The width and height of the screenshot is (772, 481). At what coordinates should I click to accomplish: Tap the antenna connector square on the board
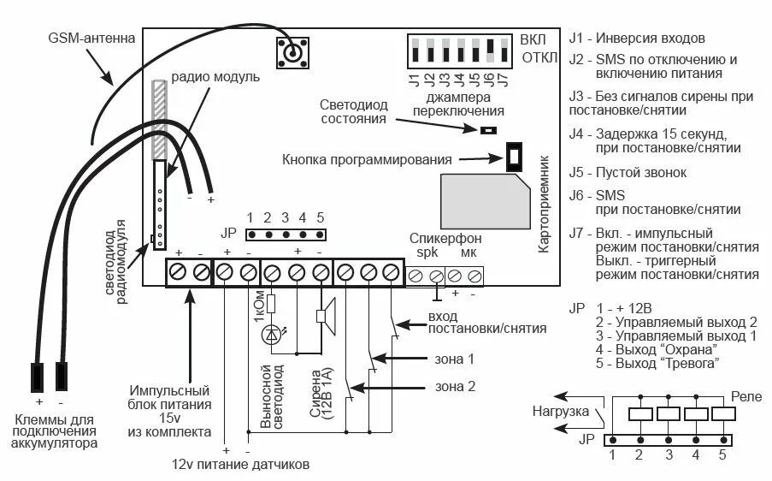[292, 53]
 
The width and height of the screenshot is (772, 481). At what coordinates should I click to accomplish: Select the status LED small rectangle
[487, 130]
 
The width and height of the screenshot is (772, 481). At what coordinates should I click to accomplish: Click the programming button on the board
[515, 157]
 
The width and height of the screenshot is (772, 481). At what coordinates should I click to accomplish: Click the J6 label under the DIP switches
[487, 83]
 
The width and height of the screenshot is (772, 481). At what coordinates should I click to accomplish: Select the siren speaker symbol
[326, 315]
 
